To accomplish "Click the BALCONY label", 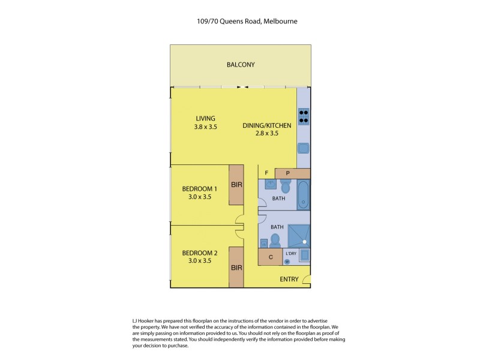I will click(x=241, y=65).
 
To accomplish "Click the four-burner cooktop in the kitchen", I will click(x=304, y=115).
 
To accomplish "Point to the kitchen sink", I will click(x=304, y=149).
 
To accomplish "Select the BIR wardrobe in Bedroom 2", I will click(x=236, y=268).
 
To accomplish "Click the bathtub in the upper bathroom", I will click(x=304, y=194).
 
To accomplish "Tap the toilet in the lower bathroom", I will click(x=275, y=241).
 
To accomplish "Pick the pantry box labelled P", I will click(x=288, y=173).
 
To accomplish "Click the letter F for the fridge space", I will click(x=266, y=173).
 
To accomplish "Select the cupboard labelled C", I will click(x=271, y=257).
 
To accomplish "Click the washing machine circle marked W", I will click(x=287, y=261).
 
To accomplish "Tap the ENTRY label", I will click(x=289, y=280).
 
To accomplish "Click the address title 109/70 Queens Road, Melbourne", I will click(x=240, y=21).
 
